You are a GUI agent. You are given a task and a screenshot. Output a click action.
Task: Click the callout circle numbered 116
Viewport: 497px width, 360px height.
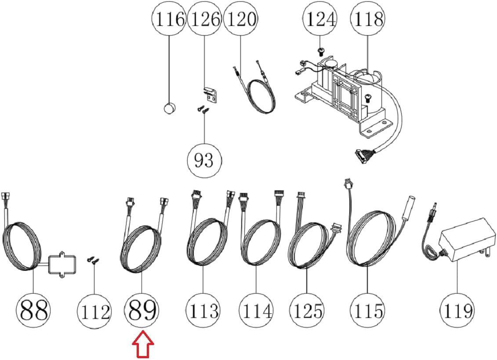pos(169,19)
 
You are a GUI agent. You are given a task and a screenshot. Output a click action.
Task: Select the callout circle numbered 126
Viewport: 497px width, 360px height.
pos(204,19)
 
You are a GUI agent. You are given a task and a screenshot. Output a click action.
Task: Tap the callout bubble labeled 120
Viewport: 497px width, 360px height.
pos(240,19)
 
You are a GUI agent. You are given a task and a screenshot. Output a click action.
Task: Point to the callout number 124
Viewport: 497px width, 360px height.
pos(320,19)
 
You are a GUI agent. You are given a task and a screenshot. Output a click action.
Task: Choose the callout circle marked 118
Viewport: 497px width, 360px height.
pos(367,19)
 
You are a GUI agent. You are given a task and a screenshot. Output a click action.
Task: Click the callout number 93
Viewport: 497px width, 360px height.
pos(204,160)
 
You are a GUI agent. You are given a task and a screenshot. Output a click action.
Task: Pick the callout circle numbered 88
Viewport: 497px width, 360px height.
pos(33,310)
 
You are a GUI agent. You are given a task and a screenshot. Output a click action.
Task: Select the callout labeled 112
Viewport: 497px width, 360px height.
pos(94,310)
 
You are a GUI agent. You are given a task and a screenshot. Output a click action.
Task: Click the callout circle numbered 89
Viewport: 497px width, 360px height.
pos(141,310)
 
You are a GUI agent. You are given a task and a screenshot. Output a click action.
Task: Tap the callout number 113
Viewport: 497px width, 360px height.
pos(203,310)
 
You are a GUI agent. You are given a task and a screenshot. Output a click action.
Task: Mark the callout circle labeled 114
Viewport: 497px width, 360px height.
pos(256,310)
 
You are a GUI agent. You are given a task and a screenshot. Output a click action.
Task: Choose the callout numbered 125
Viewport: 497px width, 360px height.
pos(307,310)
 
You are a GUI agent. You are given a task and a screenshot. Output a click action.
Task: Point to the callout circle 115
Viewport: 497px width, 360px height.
pos(367,310)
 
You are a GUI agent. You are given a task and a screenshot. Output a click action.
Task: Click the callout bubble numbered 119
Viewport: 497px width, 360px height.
pos(457,310)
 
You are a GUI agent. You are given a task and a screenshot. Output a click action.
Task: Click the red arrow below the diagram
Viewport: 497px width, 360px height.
pos(143,345)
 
